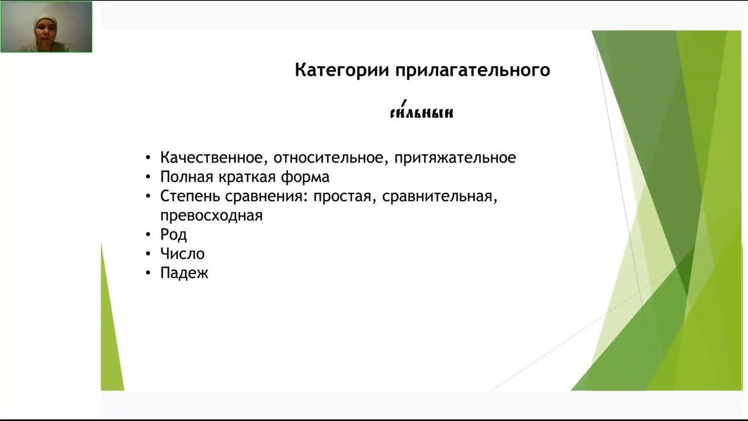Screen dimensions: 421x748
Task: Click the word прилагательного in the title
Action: tap(473, 71)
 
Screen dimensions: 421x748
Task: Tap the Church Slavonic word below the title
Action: tap(421, 113)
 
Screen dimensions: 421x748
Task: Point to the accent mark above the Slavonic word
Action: tap(403, 102)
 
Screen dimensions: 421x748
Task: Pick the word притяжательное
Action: tap(455, 158)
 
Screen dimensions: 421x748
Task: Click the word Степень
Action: tap(191, 196)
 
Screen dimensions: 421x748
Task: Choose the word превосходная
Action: tap(212, 216)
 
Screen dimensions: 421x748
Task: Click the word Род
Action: tap(174, 235)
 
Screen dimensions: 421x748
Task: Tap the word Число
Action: tap(182, 254)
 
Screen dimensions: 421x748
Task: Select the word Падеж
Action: tap(184, 273)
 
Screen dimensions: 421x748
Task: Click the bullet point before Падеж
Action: tap(148, 273)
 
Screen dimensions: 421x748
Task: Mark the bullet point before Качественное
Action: tap(148, 158)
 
